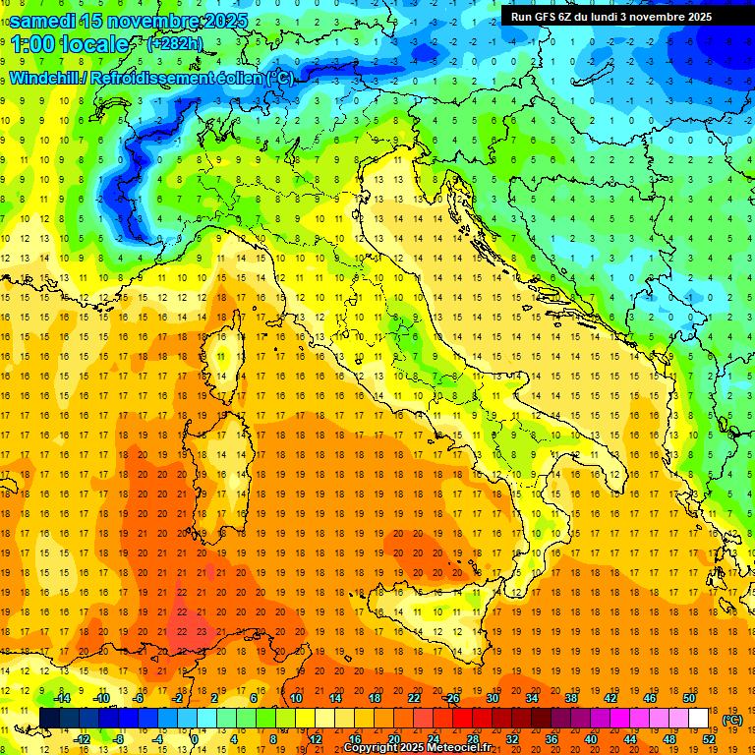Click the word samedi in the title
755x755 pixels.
47,21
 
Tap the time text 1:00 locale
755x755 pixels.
69,44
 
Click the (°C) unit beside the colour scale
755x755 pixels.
732,720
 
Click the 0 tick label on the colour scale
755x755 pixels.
195,738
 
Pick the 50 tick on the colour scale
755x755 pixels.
688,698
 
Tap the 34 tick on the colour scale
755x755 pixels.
531,698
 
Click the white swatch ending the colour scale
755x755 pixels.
698,719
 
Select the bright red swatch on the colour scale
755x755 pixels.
462,719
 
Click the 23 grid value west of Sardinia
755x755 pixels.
201,631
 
